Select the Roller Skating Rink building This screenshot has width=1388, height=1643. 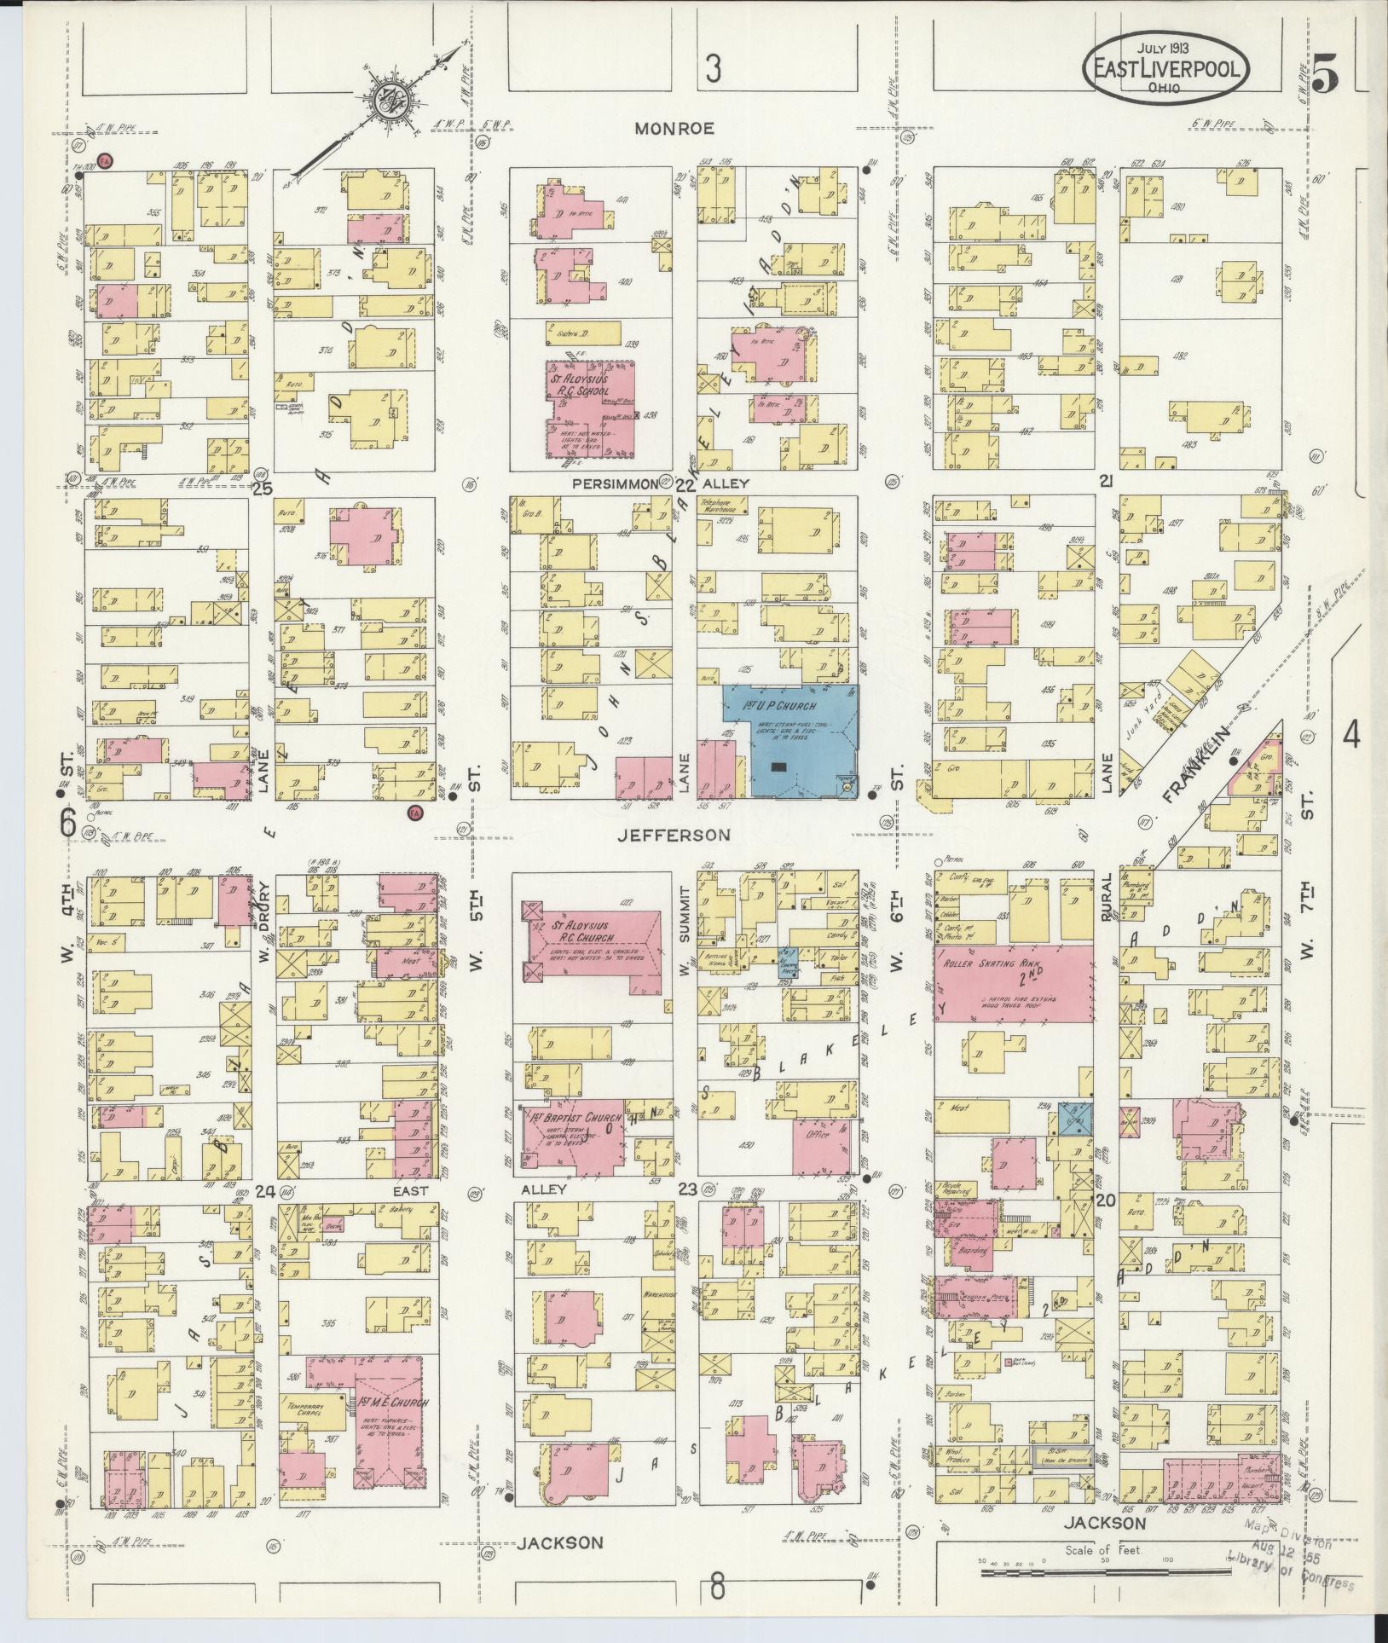pyautogui.click(x=1014, y=982)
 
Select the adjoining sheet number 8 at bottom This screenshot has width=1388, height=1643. pyautogui.click(x=716, y=1588)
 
